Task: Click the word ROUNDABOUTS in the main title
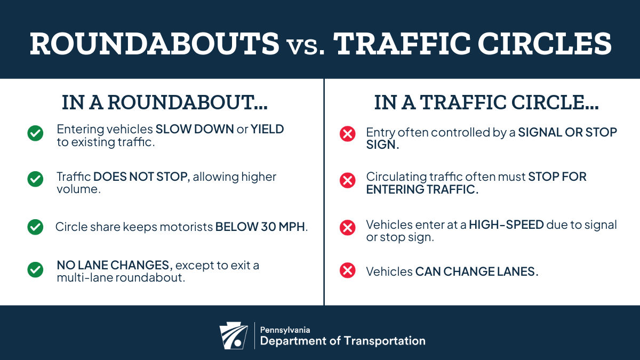(x=155, y=44)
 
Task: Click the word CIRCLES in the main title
(x=545, y=44)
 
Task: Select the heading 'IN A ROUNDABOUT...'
(x=165, y=102)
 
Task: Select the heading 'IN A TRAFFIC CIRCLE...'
(x=486, y=102)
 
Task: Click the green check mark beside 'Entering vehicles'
(x=35, y=133)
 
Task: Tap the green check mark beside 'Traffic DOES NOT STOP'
(x=35, y=179)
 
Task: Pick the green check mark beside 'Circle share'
(x=35, y=227)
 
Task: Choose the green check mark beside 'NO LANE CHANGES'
(x=35, y=270)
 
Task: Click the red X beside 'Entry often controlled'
(x=348, y=134)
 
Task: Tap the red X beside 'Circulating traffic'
(x=348, y=180)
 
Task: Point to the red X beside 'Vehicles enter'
(x=348, y=228)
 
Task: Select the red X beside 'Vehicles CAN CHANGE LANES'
(x=348, y=270)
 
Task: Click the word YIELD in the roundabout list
(x=267, y=130)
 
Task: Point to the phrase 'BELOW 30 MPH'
(x=260, y=227)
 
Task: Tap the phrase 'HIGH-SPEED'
(x=506, y=225)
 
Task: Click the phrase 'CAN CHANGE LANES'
(x=475, y=271)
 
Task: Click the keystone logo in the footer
(x=234, y=335)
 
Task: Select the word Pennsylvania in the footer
(x=285, y=330)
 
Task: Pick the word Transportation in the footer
(x=385, y=341)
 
